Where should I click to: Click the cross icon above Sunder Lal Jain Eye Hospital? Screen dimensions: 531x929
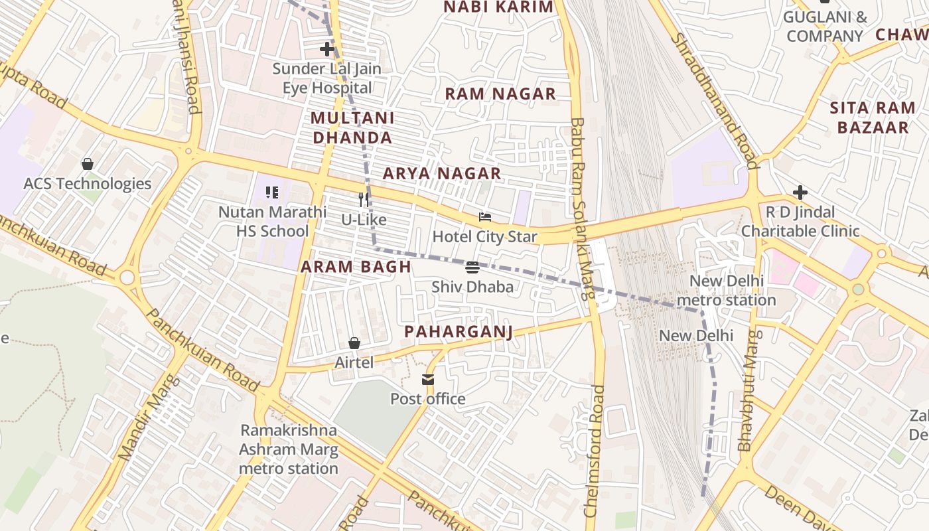(326, 49)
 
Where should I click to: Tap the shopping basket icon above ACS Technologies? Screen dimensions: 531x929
(88, 164)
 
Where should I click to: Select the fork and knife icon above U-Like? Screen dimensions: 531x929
(363, 200)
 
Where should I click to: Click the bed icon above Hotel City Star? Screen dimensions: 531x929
(485, 217)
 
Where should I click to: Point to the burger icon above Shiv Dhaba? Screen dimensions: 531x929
(472, 267)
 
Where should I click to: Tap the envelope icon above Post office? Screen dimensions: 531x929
(428, 380)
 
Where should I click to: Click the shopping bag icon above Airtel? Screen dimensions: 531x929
(354, 343)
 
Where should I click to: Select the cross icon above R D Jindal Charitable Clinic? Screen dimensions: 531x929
(800, 193)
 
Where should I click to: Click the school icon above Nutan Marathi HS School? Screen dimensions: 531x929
(272, 193)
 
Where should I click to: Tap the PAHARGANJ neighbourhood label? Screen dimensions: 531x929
(459, 332)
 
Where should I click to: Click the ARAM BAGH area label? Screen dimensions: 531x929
(356, 267)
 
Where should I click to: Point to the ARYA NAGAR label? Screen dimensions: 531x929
(442, 174)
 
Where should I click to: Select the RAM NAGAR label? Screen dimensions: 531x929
(500, 94)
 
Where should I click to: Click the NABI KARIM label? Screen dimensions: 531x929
(498, 7)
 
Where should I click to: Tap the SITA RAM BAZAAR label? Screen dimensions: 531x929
(873, 117)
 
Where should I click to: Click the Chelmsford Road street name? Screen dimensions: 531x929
(595, 451)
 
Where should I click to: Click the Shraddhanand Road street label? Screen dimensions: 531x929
(714, 100)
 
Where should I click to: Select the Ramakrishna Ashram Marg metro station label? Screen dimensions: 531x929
(289, 449)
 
